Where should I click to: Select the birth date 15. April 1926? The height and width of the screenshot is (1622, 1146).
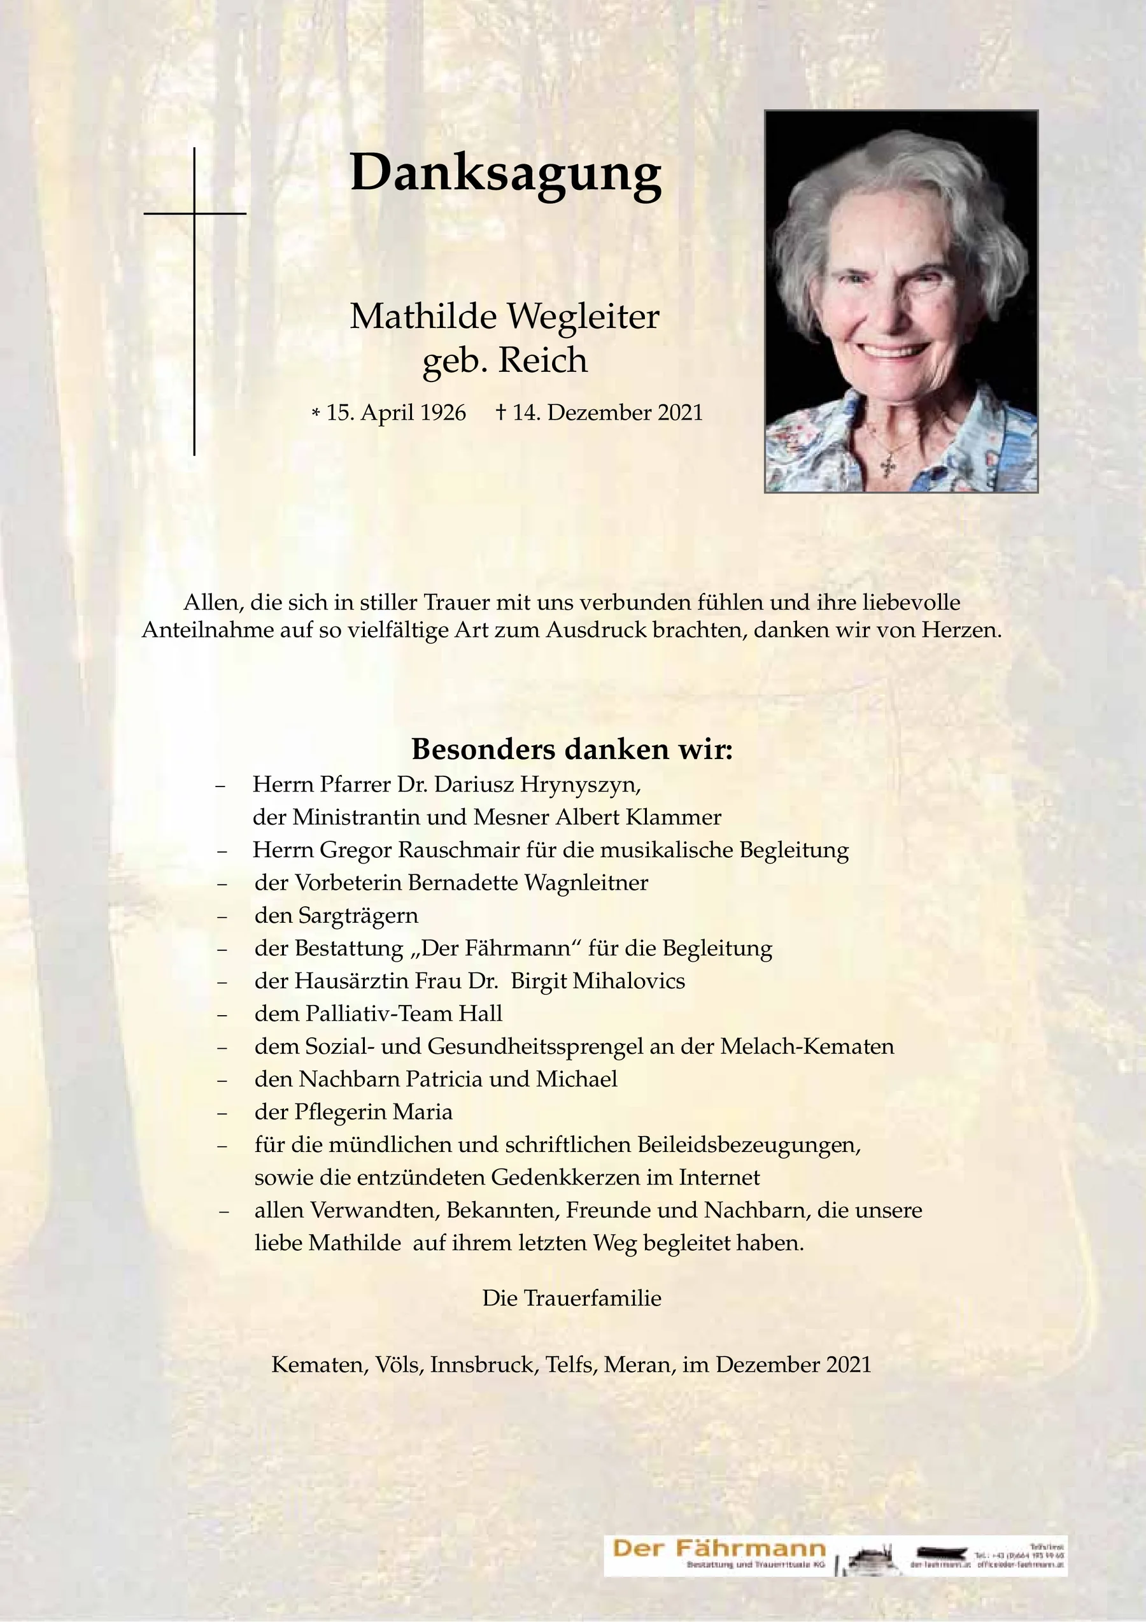395,413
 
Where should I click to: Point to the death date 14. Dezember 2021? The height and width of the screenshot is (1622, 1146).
607,413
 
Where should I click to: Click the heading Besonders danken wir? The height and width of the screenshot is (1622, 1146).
572,749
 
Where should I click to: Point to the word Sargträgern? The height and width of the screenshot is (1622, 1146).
358,916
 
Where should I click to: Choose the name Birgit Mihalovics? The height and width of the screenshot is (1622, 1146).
597,981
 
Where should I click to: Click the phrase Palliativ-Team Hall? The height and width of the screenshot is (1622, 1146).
404,1014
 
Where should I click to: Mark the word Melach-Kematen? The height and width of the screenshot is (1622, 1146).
807,1046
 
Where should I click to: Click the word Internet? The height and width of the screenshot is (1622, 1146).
719,1177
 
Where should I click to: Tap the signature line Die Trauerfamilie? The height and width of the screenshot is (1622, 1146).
572,1298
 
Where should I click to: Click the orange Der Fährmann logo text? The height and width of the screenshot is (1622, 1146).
719,1549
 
